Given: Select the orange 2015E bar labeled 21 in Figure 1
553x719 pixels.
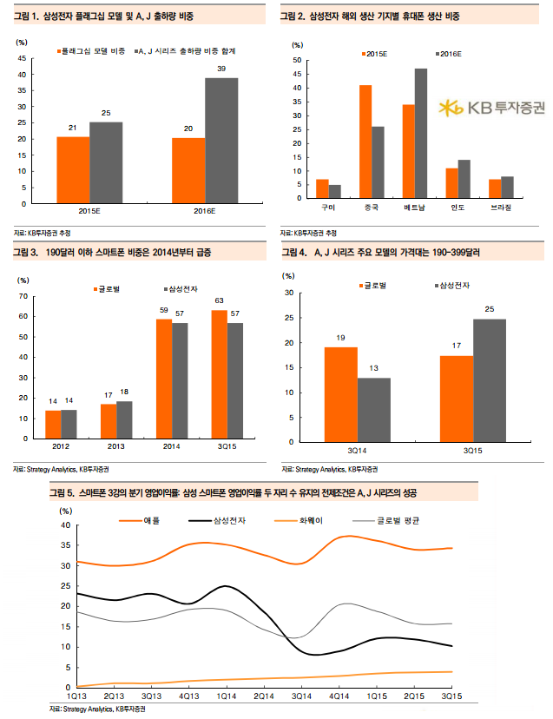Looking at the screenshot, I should click(x=73, y=169).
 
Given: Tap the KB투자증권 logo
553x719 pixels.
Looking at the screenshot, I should click(x=491, y=108).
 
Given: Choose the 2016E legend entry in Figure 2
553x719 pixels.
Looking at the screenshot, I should click(x=444, y=53).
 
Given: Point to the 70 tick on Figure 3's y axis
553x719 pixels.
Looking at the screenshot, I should click(x=23, y=296).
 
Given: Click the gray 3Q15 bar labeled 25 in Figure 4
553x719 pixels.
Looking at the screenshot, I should click(x=490, y=380).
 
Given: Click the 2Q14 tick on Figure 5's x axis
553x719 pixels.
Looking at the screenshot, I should click(x=262, y=696).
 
